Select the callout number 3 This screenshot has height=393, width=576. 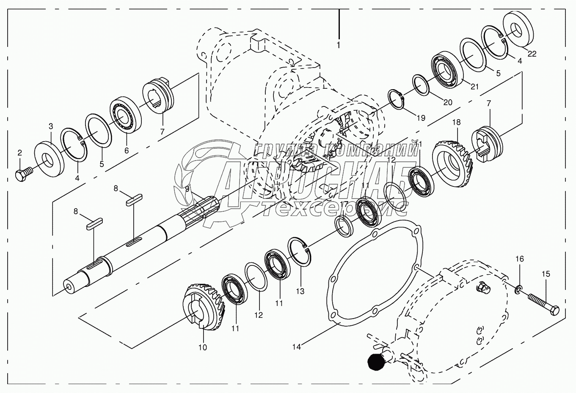(51, 126)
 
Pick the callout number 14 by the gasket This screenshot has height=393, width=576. (297, 347)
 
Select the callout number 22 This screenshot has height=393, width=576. (532, 54)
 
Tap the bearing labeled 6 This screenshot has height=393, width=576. (125, 115)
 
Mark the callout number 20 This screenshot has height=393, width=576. (447, 102)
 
